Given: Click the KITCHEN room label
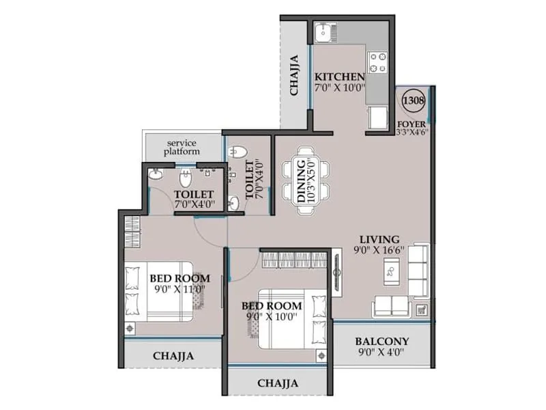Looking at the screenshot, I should click(x=339, y=76).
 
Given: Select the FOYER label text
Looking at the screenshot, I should click(x=412, y=124).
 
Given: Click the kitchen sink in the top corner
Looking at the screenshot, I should click(x=324, y=31).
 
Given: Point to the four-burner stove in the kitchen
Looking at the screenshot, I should click(x=377, y=64).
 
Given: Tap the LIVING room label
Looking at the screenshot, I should click(x=380, y=239).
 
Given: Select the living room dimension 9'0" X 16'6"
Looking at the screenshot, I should click(x=380, y=250).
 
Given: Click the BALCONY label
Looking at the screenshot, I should click(x=382, y=342).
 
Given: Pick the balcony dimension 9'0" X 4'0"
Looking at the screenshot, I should click(x=382, y=353).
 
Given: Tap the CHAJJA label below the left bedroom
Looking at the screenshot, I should click(x=173, y=355).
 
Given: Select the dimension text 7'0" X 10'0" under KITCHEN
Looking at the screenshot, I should click(x=339, y=87).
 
